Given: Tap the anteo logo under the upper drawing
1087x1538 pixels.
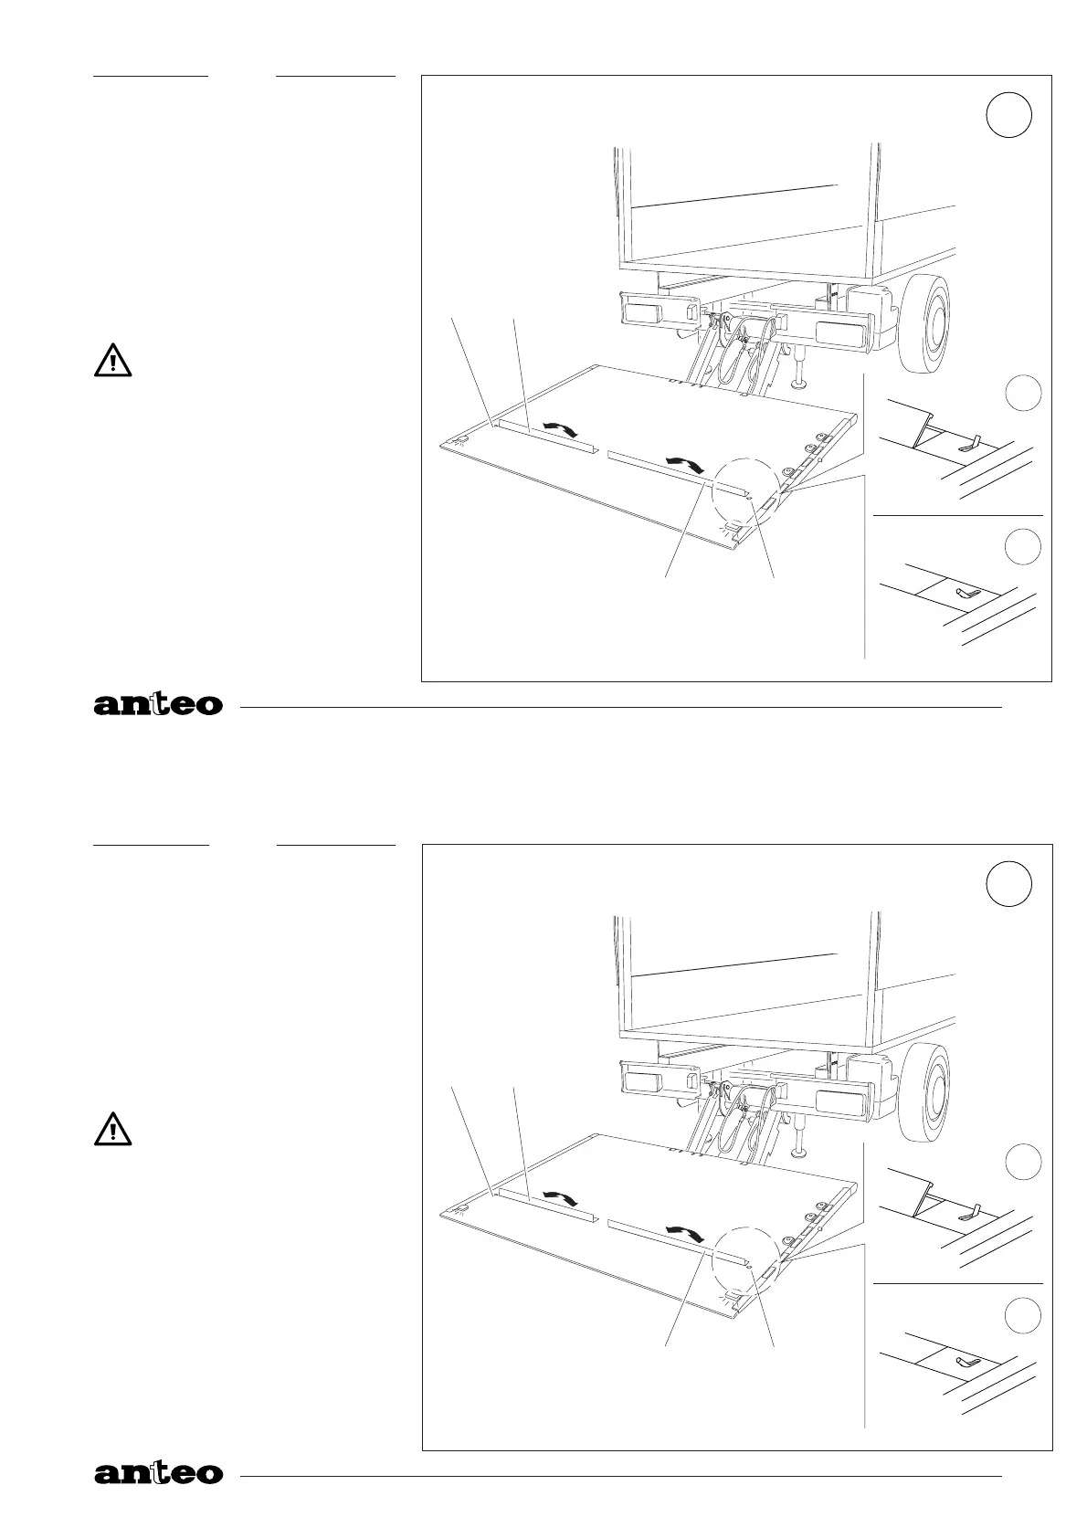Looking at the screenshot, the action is (x=158, y=705).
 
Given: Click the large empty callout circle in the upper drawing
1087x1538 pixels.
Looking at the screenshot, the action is (x=1009, y=116).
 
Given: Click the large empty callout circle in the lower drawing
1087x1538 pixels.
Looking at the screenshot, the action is (x=1009, y=884).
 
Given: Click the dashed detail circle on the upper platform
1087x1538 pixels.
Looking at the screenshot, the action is (x=746, y=489).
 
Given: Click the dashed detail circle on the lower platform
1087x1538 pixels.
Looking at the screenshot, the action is (x=746, y=1258).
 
